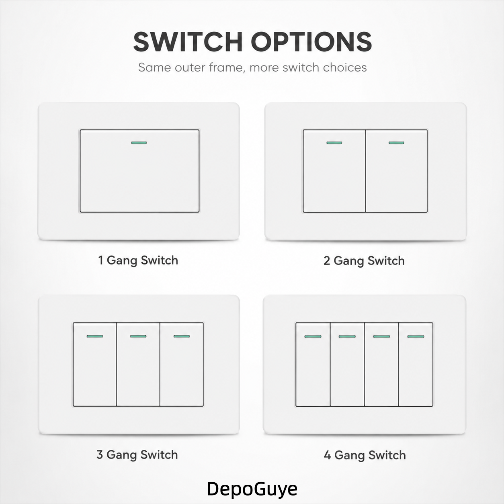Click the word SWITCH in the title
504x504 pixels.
click(188, 42)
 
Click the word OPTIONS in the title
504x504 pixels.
click(311, 42)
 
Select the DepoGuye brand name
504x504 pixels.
click(252, 489)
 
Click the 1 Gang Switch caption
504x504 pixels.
click(138, 260)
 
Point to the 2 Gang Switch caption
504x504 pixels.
click(364, 261)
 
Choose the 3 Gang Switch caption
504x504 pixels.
click(137, 455)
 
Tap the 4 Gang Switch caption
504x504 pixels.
click(365, 455)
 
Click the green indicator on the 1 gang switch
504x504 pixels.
click(139, 143)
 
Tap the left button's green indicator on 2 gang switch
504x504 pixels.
click(334, 143)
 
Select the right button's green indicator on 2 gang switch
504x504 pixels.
click(397, 143)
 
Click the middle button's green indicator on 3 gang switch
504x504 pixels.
click(138, 336)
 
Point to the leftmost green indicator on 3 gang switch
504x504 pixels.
click(95, 336)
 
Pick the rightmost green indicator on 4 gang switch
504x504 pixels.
click(416, 337)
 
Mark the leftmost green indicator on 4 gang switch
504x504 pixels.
click(313, 337)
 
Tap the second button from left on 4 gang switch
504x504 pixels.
click(347, 364)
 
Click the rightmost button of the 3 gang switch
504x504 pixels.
click(182, 364)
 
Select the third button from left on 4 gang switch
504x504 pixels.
click(381, 364)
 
